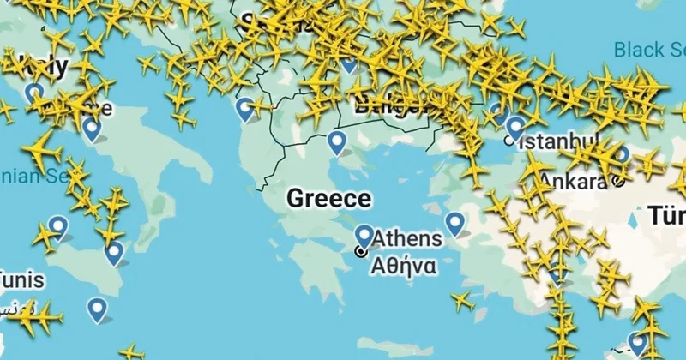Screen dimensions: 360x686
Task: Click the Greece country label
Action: tap(329, 199)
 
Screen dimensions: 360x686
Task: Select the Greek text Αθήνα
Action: tap(402, 265)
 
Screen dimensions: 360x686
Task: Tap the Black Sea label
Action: tap(650, 49)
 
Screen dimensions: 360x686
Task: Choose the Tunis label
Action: tap(21, 280)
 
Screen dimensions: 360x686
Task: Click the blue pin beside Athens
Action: tap(364, 236)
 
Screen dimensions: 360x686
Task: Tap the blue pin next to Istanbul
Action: tap(514, 127)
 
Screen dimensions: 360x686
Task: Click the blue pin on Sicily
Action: tap(114, 252)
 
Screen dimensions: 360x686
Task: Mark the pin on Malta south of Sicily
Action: tap(98, 308)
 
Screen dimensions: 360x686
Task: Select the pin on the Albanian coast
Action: tap(246, 108)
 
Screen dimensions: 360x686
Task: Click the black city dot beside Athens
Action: tap(361, 251)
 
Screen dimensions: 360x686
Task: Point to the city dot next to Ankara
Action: tap(618, 181)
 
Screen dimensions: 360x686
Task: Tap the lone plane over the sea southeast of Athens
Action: tap(462, 301)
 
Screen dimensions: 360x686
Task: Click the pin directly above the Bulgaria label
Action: tap(348, 62)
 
